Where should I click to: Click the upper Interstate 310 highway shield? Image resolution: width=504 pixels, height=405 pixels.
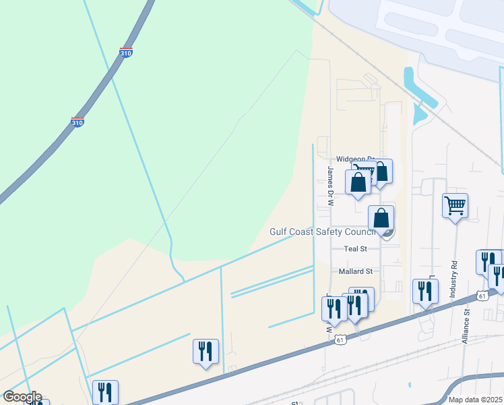point(125,52)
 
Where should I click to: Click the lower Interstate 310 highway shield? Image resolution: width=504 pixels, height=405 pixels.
point(77,123)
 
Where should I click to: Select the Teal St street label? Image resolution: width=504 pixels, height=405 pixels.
point(354,248)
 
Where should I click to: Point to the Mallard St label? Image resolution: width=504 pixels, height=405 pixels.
point(355,271)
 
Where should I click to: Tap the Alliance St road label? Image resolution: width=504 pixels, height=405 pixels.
point(466,327)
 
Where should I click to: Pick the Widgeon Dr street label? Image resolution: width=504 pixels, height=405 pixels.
point(354,160)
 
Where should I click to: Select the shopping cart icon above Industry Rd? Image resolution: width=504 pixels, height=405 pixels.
point(455,205)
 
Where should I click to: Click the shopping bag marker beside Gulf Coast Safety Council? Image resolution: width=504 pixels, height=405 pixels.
point(381,218)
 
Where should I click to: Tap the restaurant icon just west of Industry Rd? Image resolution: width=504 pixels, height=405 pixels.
point(425,291)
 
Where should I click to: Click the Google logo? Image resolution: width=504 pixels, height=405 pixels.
point(22,397)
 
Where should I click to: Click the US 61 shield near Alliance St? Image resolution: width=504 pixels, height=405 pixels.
point(482,296)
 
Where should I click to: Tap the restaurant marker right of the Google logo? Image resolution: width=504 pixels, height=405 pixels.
point(105,392)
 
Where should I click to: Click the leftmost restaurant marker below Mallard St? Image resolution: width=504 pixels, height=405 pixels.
point(334,307)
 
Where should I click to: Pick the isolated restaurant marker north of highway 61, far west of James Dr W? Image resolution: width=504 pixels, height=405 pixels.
point(206,351)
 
